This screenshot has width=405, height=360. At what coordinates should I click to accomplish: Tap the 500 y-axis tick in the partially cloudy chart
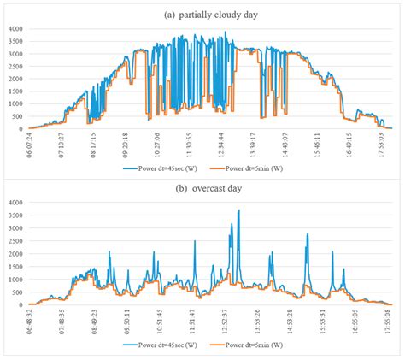[x=19, y=116]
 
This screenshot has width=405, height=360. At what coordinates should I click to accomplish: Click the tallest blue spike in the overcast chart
[x=239, y=211]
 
